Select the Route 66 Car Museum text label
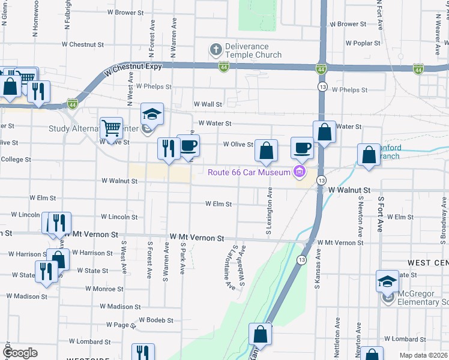click(x=249, y=173)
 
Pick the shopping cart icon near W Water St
click(x=111, y=128)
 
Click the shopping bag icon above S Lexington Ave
click(x=266, y=151)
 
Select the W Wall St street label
click(x=207, y=104)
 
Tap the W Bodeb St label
click(x=155, y=320)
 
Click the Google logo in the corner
click(x=19, y=353)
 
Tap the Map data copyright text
click(x=423, y=355)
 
